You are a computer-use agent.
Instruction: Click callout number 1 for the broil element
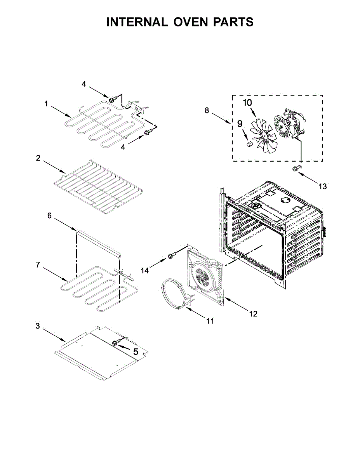point(46,104)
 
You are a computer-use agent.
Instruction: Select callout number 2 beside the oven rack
point(38,158)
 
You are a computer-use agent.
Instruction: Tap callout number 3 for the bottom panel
point(38,326)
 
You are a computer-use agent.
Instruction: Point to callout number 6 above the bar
point(49,216)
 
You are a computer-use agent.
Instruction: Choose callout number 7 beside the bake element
point(38,265)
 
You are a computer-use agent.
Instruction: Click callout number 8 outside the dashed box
point(207,110)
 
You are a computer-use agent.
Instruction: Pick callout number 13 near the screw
point(323,186)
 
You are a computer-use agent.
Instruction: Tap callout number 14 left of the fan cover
point(145,271)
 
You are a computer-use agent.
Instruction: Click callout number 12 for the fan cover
point(253,314)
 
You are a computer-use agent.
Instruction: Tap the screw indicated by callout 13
point(296,167)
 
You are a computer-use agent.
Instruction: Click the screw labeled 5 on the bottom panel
point(115,343)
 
